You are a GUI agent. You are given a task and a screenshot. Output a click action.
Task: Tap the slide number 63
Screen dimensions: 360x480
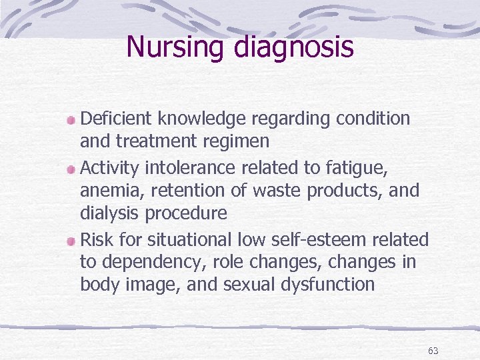coord(433,351)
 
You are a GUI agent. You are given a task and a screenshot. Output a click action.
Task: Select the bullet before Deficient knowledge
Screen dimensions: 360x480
coord(71,120)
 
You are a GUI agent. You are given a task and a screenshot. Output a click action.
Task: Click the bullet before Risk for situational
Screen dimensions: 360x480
coord(71,240)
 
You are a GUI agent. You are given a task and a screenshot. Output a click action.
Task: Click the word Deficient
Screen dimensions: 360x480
coord(117,119)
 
